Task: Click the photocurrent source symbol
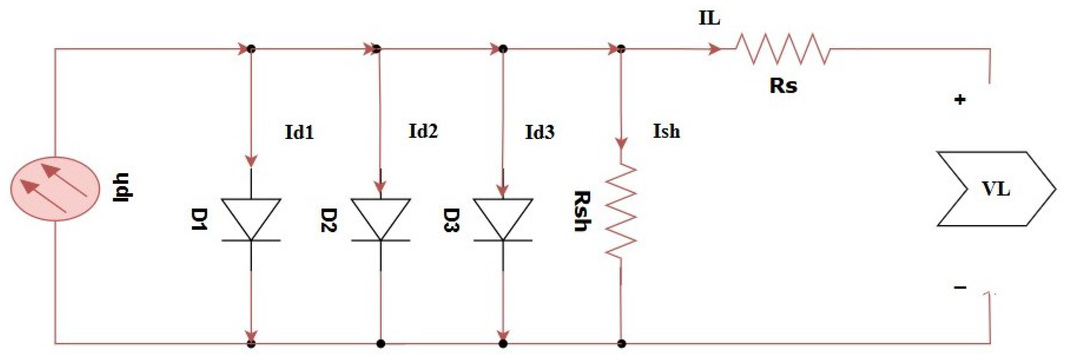55,189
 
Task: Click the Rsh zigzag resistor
621,211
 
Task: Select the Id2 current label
423,131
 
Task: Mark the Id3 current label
540,132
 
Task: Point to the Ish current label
666,131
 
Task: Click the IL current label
709,19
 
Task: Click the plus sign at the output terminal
960,100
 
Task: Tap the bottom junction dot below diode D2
381,344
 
